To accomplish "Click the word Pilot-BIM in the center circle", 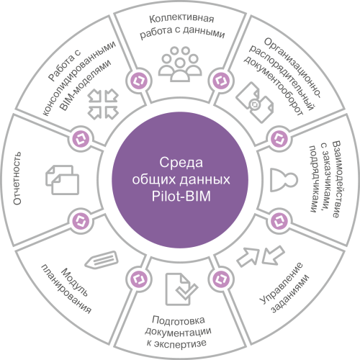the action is [x=181, y=196].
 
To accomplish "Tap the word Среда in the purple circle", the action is [x=181, y=163].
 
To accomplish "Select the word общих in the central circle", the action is [x=155, y=180].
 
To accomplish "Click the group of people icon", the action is [x=180, y=63].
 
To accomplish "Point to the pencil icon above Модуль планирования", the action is [x=102, y=260].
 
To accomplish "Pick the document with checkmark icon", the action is [x=181, y=289].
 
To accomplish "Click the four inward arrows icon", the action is [x=103, y=104].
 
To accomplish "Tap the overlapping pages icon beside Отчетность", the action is [x=62, y=180].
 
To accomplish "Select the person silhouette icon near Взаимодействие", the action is [x=284, y=180].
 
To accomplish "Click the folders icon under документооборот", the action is [x=255, y=102].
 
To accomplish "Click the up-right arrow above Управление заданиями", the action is [x=248, y=257].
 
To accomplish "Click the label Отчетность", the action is [x=17, y=178].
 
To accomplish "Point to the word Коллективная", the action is [x=181, y=19].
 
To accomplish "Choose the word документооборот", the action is [x=274, y=87].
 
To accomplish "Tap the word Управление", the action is [x=282, y=284].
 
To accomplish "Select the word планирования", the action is [x=66, y=289].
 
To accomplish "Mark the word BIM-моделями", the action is [x=86, y=85].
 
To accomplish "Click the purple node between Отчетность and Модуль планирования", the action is [x=81, y=221].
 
